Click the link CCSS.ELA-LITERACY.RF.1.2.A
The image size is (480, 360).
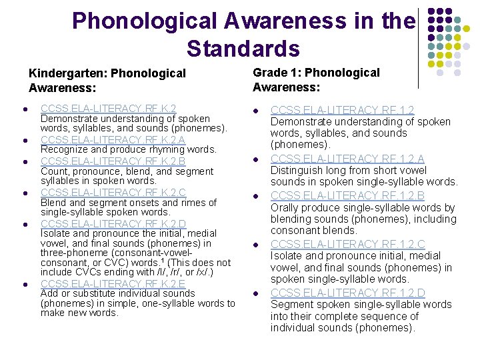[347, 158]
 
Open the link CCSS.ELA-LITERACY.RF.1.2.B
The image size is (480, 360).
[347, 195]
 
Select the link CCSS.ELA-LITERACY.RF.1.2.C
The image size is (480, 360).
[347, 244]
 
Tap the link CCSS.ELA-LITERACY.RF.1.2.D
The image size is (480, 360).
[347, 293]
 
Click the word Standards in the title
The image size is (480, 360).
[243, 49]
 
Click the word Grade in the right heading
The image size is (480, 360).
[269, 73]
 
